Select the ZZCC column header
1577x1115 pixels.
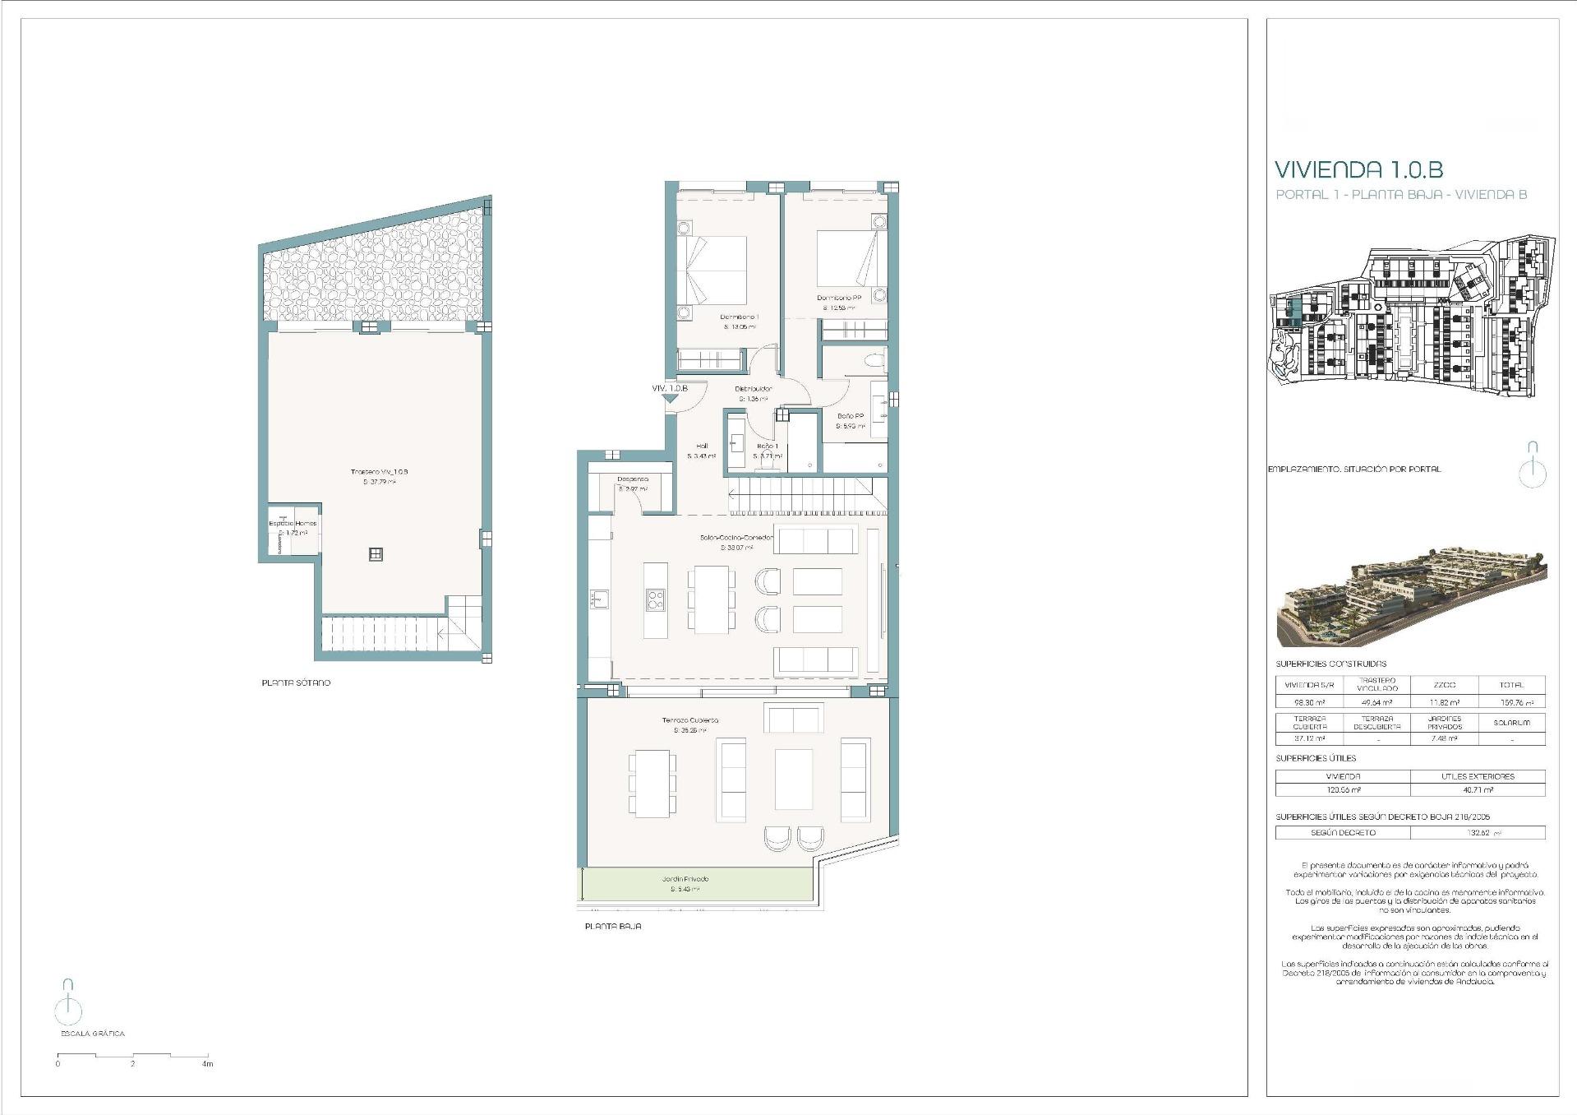[x=1444, y=684]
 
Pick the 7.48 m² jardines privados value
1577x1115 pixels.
[x=1444, y=738]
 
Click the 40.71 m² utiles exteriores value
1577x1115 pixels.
[x=1478, y=789]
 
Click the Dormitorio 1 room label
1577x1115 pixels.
[x=739, y=317]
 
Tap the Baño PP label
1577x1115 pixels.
[x=851, y=416]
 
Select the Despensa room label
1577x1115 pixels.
[x=633, y=479]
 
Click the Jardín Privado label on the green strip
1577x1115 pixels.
[x=685, y=879]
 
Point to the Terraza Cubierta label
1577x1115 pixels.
[x=690, y=720]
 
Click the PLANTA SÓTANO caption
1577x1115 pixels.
[x=296, y=683]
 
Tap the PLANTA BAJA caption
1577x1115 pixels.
[x=612, y=926]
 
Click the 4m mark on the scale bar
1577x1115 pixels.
[x=207, y=1063]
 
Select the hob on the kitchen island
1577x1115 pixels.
[x=655, y=599]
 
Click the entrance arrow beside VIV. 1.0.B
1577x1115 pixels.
[x=671, y=399]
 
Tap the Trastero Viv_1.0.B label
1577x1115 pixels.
[x=379, y=472]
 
